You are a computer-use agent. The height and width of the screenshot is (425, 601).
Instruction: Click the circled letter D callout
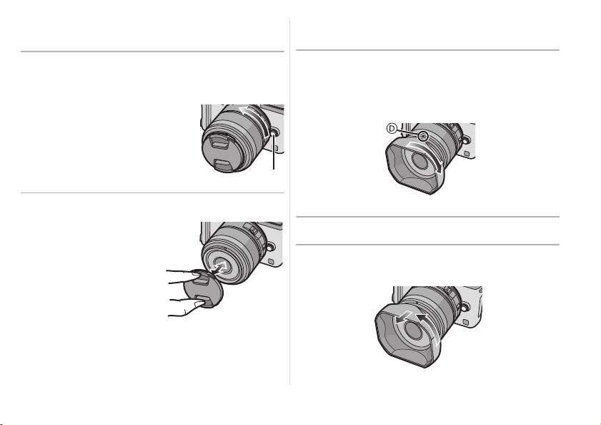(392, 129)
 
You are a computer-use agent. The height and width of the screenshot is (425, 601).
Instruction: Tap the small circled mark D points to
(422, 135)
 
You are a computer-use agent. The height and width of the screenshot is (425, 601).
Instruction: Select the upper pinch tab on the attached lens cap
(219, 143)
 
